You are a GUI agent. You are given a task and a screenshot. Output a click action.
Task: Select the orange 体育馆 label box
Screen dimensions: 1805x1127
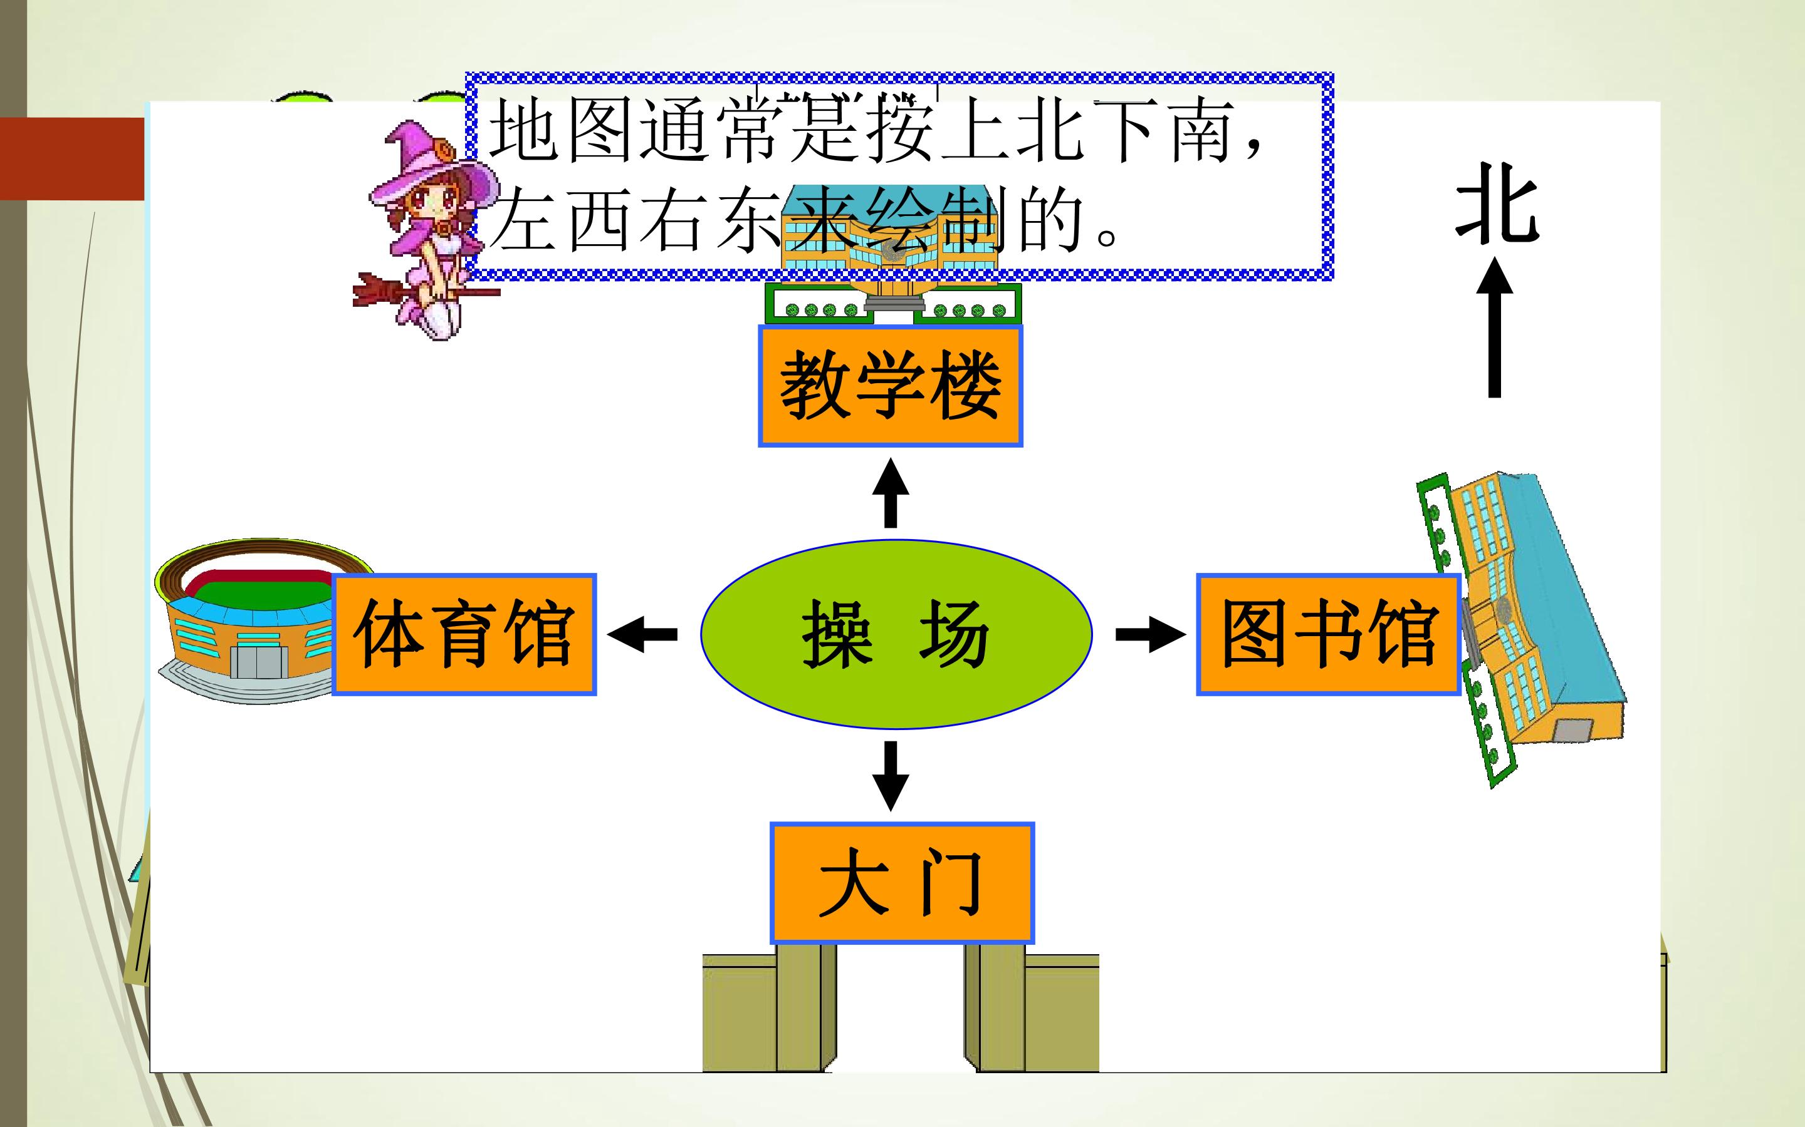tap(464, 634)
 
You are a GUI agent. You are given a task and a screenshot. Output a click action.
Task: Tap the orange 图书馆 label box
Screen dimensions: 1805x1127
tap(1329, 634)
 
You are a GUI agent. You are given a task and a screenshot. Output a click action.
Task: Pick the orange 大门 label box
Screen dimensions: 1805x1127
tap(902, 883)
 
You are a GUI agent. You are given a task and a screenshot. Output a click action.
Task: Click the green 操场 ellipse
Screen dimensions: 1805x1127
tap(896, 634)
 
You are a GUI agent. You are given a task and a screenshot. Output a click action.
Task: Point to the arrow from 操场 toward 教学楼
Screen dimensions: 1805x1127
tap(891, 493)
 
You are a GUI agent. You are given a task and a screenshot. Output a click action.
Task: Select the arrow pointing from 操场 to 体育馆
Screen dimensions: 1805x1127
tap(642, 634)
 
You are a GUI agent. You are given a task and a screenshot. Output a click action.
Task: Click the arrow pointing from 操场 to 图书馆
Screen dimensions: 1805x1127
tap(1151, 634)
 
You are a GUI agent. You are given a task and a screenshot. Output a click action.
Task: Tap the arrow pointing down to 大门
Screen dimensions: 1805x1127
tap(891, 776)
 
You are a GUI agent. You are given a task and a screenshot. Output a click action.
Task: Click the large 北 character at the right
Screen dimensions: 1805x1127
tap(1497, 202)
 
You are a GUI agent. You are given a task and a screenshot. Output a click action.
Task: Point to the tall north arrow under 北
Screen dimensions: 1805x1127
tap(1495, 327)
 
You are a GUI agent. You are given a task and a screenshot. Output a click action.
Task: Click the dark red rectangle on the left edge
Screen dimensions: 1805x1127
tap(72, 159)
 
